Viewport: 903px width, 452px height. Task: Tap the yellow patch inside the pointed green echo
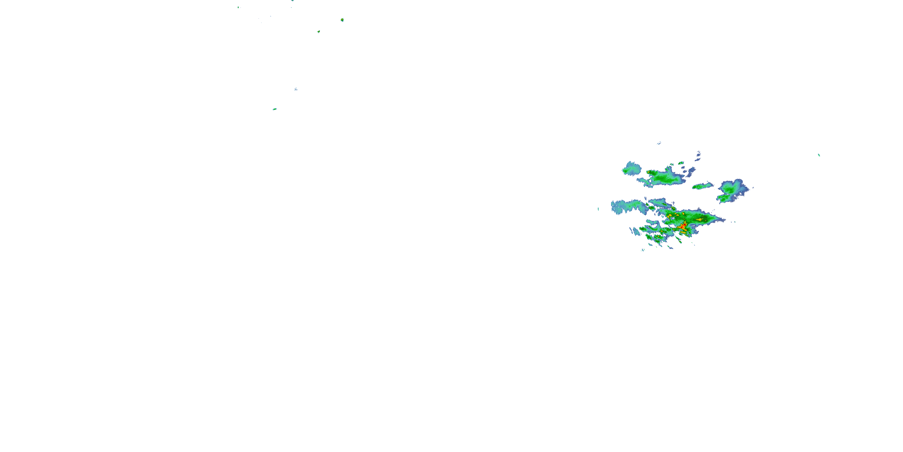pos(699,220)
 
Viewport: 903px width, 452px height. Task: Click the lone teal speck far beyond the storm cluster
pos(819,155)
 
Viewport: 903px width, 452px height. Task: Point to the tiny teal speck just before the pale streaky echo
pos(598,209)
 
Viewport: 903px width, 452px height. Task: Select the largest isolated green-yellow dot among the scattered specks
pos(342,20)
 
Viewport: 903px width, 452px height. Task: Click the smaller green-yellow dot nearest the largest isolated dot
pos(318,32)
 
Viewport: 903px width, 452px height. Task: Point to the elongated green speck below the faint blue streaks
pos(275,109)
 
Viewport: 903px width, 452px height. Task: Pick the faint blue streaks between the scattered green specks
pos(296,89)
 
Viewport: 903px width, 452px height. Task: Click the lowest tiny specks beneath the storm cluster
pos(643,250)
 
